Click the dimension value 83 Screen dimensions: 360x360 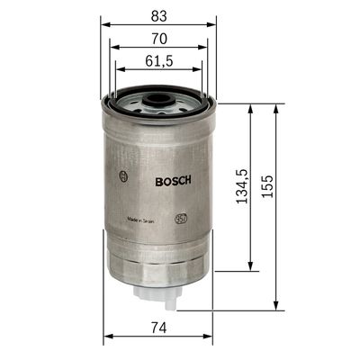click(158, 14)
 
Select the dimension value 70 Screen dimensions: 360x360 click(158, 40)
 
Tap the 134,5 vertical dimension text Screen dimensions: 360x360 click(240, 185)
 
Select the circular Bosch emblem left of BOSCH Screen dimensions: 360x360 click(123, 178)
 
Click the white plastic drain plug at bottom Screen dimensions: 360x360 click(158, 293)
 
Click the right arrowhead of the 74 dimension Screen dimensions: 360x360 click(211, 338)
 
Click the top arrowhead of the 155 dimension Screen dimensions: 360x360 click(275, 107)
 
